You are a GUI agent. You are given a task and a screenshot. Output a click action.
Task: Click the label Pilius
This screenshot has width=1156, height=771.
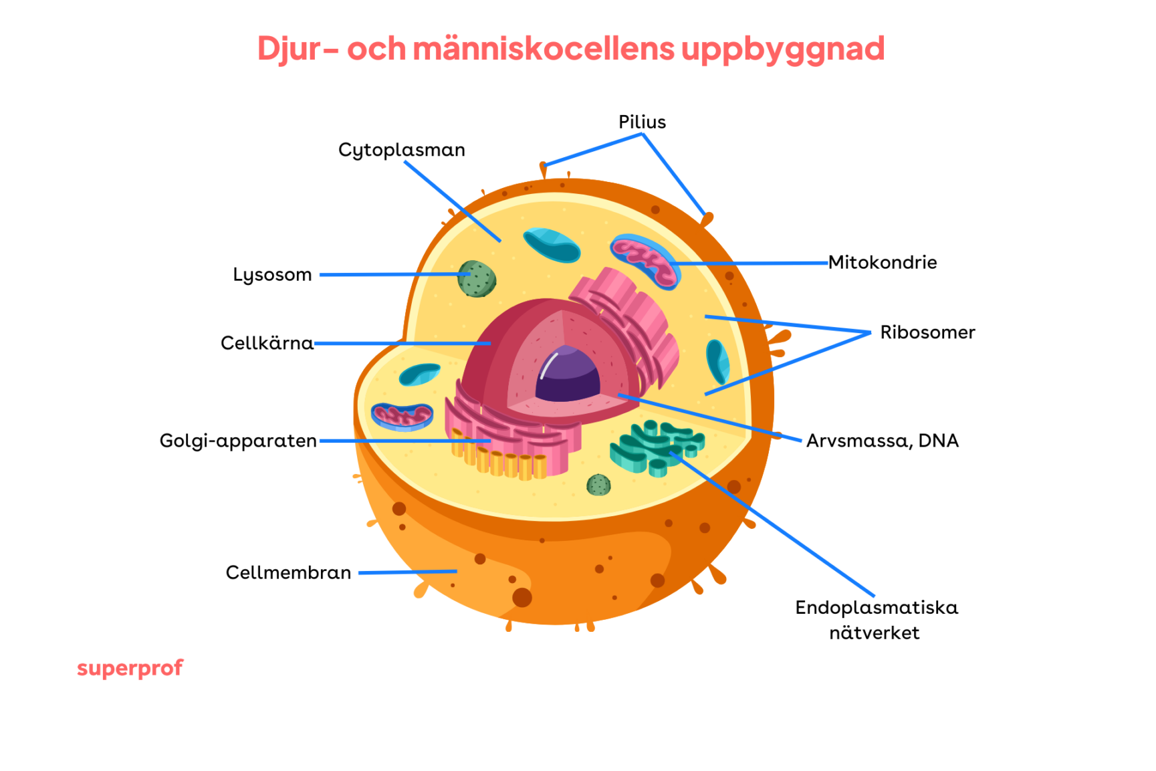pyautogui.click(x=641, y=122)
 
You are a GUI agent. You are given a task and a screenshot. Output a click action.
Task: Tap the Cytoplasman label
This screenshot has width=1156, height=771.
pyautogui.click(x=401, y=150)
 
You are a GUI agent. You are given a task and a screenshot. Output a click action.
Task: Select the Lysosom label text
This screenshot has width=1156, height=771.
pyautogui.click(x=272, y=275)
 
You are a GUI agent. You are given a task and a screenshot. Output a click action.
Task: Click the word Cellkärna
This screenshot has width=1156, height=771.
pyautogui.click(x=267, y=344)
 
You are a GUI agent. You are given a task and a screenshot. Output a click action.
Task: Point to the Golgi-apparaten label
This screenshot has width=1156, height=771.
pyautogui.click(x=238, y=441)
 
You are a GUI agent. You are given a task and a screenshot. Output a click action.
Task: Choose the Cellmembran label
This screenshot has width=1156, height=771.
pyautogui.click(x=288, y=573)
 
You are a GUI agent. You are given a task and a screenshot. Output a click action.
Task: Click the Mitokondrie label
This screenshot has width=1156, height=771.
pyautogui.click(x=882, y=263)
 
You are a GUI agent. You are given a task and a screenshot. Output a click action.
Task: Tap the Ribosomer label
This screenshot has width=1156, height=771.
pyautogui.click(x=927, y=332)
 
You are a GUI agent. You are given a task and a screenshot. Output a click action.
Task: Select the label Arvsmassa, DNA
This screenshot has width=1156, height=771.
pyautogui.click(x=882, y=441)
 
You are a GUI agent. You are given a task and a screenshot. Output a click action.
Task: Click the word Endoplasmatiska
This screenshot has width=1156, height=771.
pyautogui.click(x=876, y=608)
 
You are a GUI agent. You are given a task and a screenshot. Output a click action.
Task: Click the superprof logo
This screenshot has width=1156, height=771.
pyautogui.click(x=130, y=668)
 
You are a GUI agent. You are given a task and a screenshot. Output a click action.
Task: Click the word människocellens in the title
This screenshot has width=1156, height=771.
pyautogui.click(x=543, y=49)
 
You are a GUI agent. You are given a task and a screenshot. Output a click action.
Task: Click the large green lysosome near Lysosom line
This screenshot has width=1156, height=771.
pyautogui.click(x=477, y=279)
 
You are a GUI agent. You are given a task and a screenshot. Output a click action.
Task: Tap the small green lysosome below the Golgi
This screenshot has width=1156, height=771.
pyautogui.click(x=598, y=485)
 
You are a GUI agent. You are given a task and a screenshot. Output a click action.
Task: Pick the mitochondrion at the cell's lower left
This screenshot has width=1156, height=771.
pyautogui.click(x=402, y=416)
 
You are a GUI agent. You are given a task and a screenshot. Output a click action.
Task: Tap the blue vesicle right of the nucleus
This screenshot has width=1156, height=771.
pyautogui.click(x=717, y=361)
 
